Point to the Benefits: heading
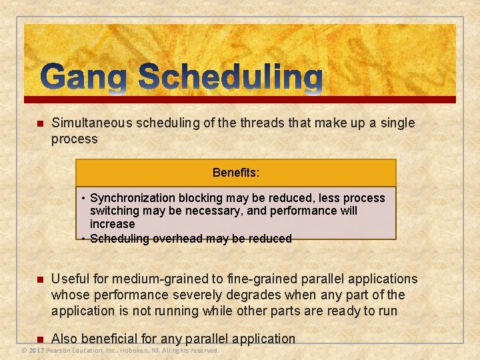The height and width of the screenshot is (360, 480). pos(236,173)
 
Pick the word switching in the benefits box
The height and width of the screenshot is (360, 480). pos(113,211)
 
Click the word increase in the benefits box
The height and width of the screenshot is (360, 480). pos(112,224)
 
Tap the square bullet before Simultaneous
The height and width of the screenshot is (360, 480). pos(39,124)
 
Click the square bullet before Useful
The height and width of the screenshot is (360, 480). pos(39,280)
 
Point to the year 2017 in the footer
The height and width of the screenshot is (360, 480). pos(37,350)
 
